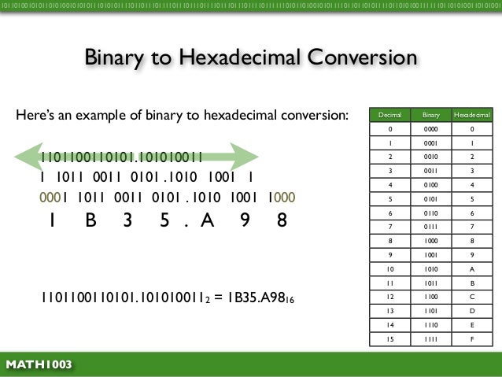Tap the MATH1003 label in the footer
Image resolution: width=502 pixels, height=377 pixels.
[x=39, y=364]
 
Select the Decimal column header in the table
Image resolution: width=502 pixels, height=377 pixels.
[x=391, y=115]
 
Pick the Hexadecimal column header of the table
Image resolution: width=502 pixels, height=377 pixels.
[x=471, y=115]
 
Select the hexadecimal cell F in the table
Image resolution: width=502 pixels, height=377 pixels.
[x=471, y=339]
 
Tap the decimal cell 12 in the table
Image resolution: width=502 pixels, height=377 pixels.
[x=391, y=297]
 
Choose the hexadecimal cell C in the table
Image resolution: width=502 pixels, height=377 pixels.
[x=471, y=297]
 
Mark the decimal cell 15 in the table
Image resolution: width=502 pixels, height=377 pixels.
[x=391, y=339]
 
